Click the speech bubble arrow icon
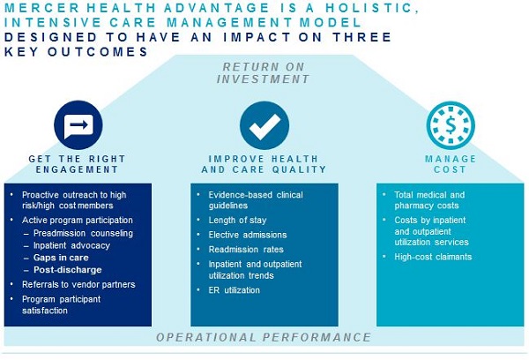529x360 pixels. [78, 125]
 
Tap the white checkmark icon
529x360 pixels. [264, 125]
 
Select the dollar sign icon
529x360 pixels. [451, 125]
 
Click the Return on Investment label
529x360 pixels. [263, 73]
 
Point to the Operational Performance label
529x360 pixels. [264, 337]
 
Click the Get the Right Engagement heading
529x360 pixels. [78, 164]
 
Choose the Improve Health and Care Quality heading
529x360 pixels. [264, 164]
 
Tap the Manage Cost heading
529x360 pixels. [451, 164]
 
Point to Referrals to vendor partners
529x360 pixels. [78, 285]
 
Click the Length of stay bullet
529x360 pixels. [237, 221]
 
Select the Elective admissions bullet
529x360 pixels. [248, 235]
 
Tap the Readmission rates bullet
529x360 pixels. [246, 250]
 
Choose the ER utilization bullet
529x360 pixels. [235, 290]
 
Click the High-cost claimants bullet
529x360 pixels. [433, 257]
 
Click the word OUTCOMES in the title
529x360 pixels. [98, 52]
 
